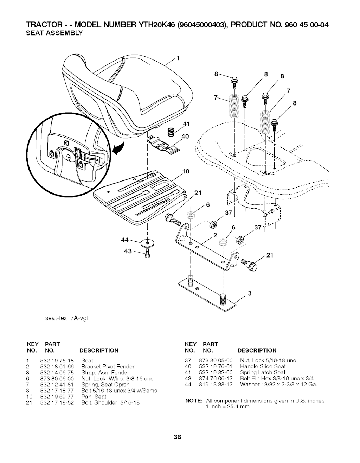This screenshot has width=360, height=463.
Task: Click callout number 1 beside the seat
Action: click(x=178, y=59)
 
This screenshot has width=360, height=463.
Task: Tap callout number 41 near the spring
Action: click(x=186, y=123)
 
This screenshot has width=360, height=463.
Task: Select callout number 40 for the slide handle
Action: click(x=186, y=137)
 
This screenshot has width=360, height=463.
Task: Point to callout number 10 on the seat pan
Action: click(x=186, y=172)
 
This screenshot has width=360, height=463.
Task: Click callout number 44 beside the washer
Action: click(x=124, y=240)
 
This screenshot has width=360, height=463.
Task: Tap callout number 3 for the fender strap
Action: click(x=250, y=294)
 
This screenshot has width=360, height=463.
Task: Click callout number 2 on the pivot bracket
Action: click(x=215, y=235)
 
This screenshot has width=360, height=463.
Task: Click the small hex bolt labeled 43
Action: click(x=147, y=253)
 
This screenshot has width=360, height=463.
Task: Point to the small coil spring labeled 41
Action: click(x=171, y=132)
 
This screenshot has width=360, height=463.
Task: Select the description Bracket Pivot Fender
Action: click(x=108, y=366)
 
